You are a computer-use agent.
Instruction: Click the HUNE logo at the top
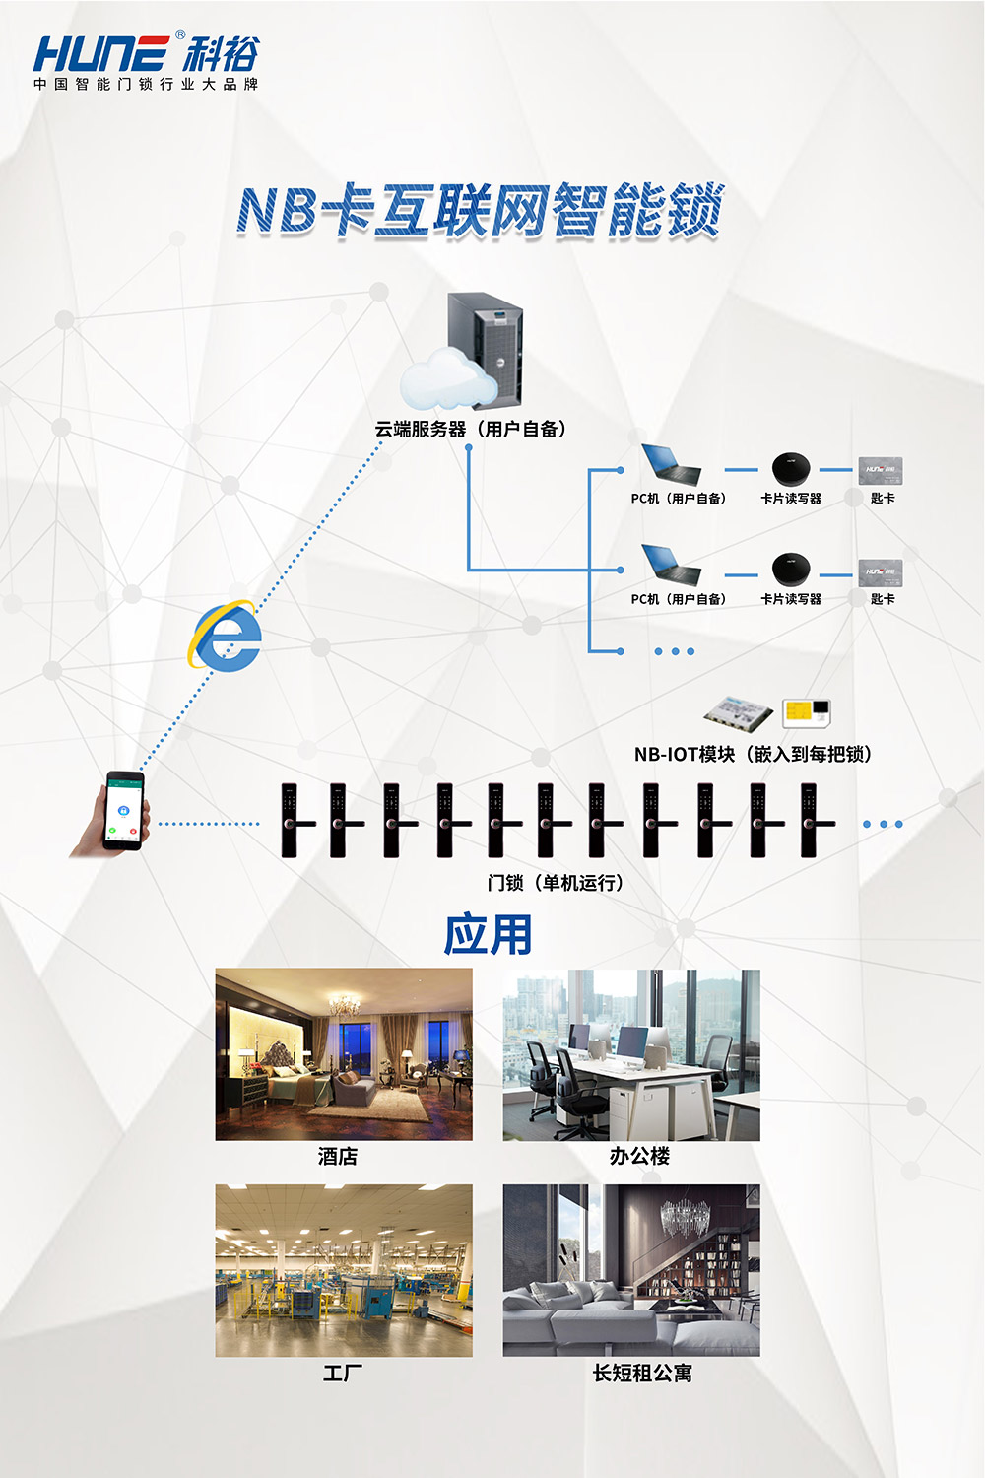pos(146,61)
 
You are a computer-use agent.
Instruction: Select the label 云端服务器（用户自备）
pos(470,429)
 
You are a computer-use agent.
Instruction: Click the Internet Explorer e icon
pos(227,637)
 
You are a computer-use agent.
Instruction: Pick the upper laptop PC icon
pos(672,464)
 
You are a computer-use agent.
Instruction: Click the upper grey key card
pos(880,469)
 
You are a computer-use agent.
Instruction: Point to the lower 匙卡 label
pos(883,599)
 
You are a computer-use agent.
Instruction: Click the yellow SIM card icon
pos(806,712)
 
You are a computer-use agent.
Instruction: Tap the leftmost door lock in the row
pos(292,820)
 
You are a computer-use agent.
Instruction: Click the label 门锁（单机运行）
pos(556,883)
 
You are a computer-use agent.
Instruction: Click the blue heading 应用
pos(488,934)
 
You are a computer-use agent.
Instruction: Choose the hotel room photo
pos(344,1054)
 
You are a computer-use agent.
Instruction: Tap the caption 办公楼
pos(639,1156)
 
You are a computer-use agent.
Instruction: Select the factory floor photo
pos(344,1270)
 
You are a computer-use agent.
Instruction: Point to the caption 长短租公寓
pos(642,1373)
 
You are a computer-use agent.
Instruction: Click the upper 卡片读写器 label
pos(791,499)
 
